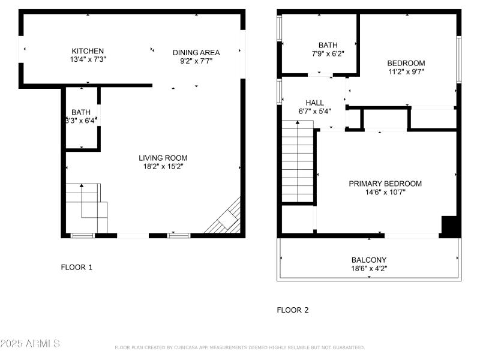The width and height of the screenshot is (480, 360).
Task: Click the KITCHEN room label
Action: pos(88,51)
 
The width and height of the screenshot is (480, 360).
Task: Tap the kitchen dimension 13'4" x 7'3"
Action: pos(88,59)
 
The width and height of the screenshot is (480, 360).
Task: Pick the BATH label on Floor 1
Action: pos(81,112)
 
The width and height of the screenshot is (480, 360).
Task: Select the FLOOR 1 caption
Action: pos(77,267)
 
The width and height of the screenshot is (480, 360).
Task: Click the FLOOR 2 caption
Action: pos(293,310)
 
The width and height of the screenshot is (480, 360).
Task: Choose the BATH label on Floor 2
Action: pos(328,45)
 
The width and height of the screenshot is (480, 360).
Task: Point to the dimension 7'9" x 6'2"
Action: pos(328,53)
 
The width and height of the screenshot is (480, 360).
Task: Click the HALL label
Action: pos(315,103)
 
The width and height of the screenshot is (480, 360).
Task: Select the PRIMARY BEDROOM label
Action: pos(385,184)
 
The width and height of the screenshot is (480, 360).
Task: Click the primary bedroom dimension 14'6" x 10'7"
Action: pos(385,192)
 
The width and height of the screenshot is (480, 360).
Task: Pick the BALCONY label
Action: pos(369,260)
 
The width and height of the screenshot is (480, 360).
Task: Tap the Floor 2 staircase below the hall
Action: pos(298,162)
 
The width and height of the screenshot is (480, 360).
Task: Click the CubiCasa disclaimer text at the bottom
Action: pos(239,347)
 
